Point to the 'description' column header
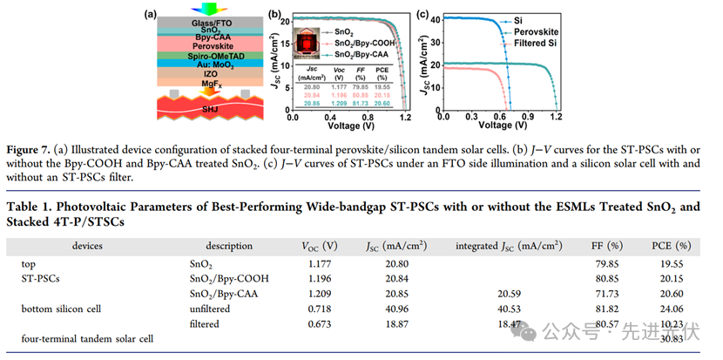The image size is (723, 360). pos(231,246)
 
